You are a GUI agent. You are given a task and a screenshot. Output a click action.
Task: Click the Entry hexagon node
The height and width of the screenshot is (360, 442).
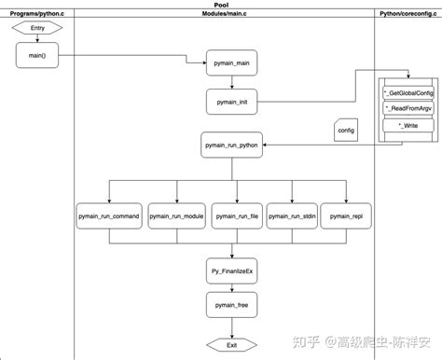tap(37, 28)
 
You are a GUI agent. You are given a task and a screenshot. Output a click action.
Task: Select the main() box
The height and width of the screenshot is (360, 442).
tap(37, 57)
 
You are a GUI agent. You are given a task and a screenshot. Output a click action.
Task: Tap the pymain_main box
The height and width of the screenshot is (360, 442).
tap(231, 64)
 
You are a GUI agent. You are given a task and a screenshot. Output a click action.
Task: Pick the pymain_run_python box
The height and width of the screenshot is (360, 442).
tap(231, 145)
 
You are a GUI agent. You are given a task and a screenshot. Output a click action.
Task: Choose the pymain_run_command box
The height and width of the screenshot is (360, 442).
tap(109, 215)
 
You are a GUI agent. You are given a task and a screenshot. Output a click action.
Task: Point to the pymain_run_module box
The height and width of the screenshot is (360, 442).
tap(175, 215)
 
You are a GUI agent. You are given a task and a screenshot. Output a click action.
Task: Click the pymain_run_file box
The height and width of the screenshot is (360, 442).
tap(236, 215)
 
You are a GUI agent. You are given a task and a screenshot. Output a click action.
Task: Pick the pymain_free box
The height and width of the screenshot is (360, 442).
tap(231, 304)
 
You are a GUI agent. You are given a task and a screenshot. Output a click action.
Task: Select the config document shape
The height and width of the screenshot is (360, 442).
tap(345, 131)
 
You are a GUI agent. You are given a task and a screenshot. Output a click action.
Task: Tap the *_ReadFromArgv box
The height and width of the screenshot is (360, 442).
tap(407, 108)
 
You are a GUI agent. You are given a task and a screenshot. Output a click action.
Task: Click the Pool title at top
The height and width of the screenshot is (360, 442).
tap(221, 5)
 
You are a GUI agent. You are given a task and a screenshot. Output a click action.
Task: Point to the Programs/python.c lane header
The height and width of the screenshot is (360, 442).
tap(37, 14)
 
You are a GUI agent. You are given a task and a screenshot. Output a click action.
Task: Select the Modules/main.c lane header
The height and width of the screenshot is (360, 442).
tap(224, 14)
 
